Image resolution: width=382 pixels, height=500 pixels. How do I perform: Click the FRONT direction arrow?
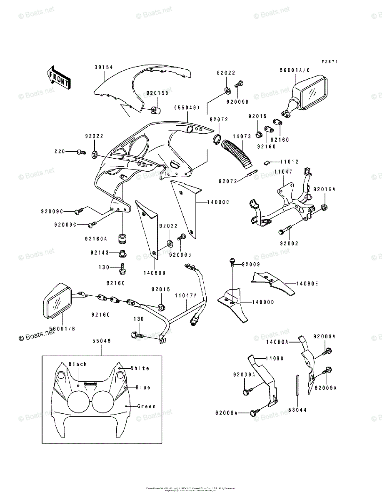59,77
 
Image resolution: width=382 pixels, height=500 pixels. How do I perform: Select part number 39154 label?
103,67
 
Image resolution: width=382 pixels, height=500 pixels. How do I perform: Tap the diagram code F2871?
329,62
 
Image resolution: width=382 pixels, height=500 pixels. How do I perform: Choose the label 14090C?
219,202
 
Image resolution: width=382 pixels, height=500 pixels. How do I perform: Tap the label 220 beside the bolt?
60,152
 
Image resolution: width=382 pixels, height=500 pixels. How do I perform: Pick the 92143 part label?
99,252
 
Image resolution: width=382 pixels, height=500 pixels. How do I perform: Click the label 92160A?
96,239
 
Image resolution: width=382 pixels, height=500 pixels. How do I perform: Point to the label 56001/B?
62,329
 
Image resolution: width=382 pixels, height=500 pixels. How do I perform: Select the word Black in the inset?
78,364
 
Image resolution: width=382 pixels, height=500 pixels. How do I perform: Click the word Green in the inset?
146,406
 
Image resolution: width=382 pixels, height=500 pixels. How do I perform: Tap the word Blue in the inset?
143,387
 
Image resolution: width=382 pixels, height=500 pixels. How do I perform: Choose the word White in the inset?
140,368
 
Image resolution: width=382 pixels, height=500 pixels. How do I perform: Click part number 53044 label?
297,410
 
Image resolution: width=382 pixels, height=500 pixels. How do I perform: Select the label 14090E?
307,283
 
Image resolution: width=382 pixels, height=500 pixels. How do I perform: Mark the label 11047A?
186,295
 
